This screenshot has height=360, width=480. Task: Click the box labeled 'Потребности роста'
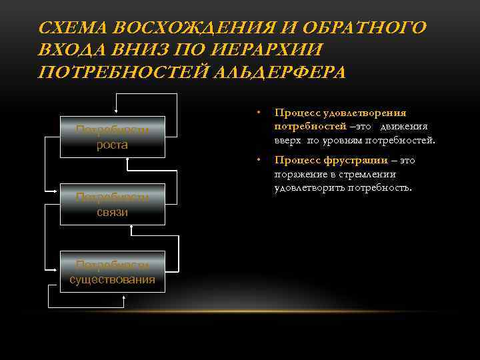[x=112, y=138]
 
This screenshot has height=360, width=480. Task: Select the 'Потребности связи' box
[x=112, y=204]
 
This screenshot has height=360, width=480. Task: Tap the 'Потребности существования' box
[x=112, y=271]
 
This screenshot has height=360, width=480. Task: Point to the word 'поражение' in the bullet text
[x=297, y=174]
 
